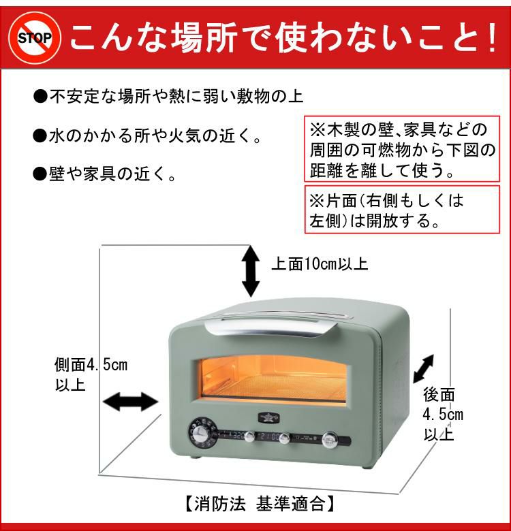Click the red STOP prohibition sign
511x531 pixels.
[x=33, y=37]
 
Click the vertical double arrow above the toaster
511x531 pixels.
[x=251, y=270]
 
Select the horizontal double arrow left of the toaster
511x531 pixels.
[x=129, y=401]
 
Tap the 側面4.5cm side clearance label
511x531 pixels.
[x=90, y=374]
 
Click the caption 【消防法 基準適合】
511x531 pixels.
[x=258, y=504]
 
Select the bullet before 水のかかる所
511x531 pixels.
[x=40, y=136]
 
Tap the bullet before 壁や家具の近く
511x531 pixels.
[x=40, y=176]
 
